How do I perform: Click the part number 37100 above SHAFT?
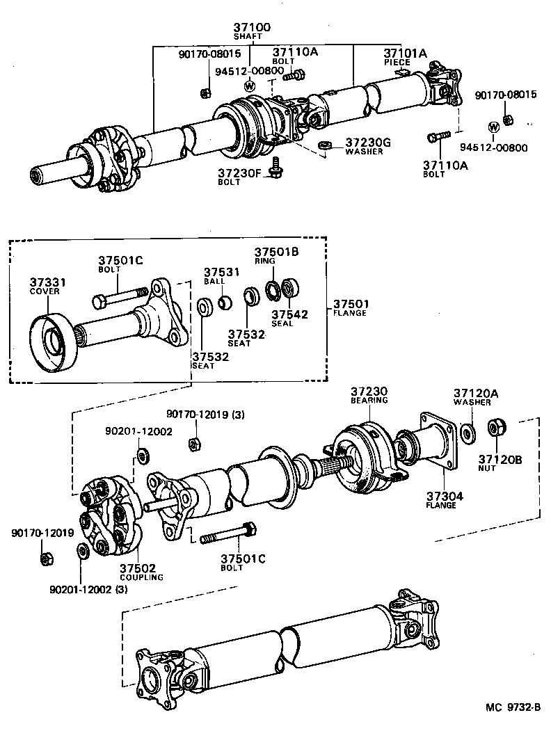click(x=252, y=27)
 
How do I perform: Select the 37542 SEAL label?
click(x=289, y=318)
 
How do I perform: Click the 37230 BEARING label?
click(x=369, y=395)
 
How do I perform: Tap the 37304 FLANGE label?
click(x=445, y=500)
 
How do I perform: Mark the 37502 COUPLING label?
click(x=141, y=572)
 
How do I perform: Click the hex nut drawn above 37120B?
click(x=496, y=426)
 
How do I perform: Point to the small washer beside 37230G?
click(x=324, y=146)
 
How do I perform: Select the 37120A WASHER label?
click(x=475, y=396)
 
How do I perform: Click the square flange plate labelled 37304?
click(x=438, y=442)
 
